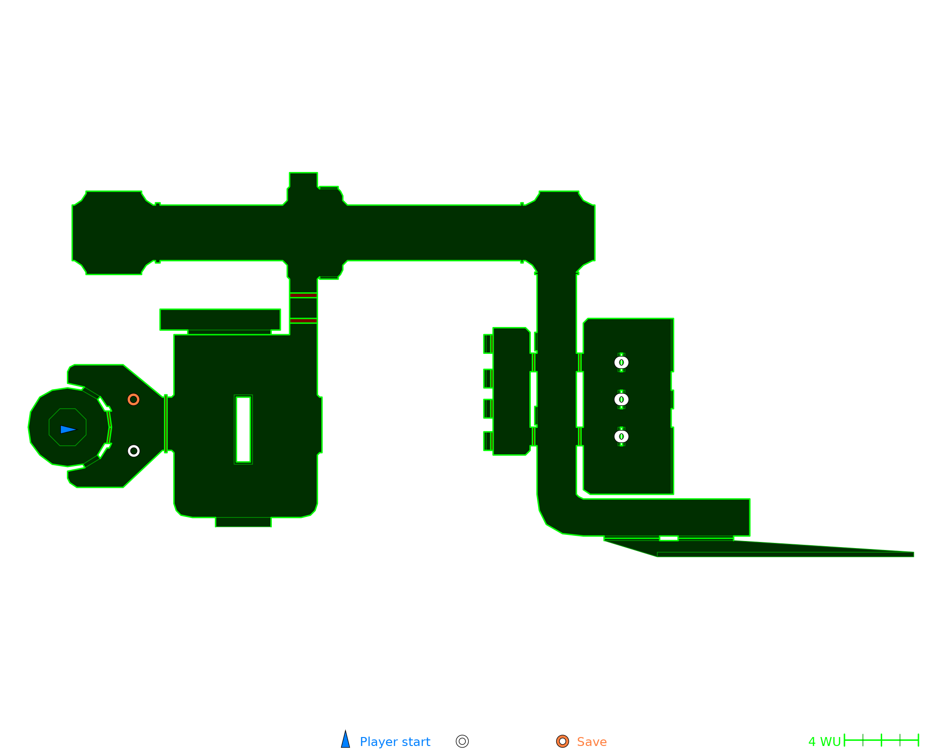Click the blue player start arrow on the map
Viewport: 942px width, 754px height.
68,429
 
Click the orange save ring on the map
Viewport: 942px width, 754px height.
133,400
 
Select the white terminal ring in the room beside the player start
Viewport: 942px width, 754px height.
134,451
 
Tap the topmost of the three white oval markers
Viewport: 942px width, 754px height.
621,362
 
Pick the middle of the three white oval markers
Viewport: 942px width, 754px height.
621,400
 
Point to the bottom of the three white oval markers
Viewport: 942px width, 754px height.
621,436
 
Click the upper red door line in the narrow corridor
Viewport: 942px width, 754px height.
303,295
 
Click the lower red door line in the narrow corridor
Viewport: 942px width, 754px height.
303,320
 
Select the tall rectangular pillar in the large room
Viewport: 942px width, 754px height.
243,429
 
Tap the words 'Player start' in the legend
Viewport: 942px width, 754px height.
395,742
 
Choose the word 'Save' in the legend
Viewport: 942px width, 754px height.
592,742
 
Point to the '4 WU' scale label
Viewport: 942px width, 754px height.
824,742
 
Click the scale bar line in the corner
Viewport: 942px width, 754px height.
881,740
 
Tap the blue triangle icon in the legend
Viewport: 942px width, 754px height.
346,740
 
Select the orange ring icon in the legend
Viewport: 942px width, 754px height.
562,741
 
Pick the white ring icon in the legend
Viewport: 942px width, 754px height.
463,741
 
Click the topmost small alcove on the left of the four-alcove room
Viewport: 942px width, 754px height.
488,344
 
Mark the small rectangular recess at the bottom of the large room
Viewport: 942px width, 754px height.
243,522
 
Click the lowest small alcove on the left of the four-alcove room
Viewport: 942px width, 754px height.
488,441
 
